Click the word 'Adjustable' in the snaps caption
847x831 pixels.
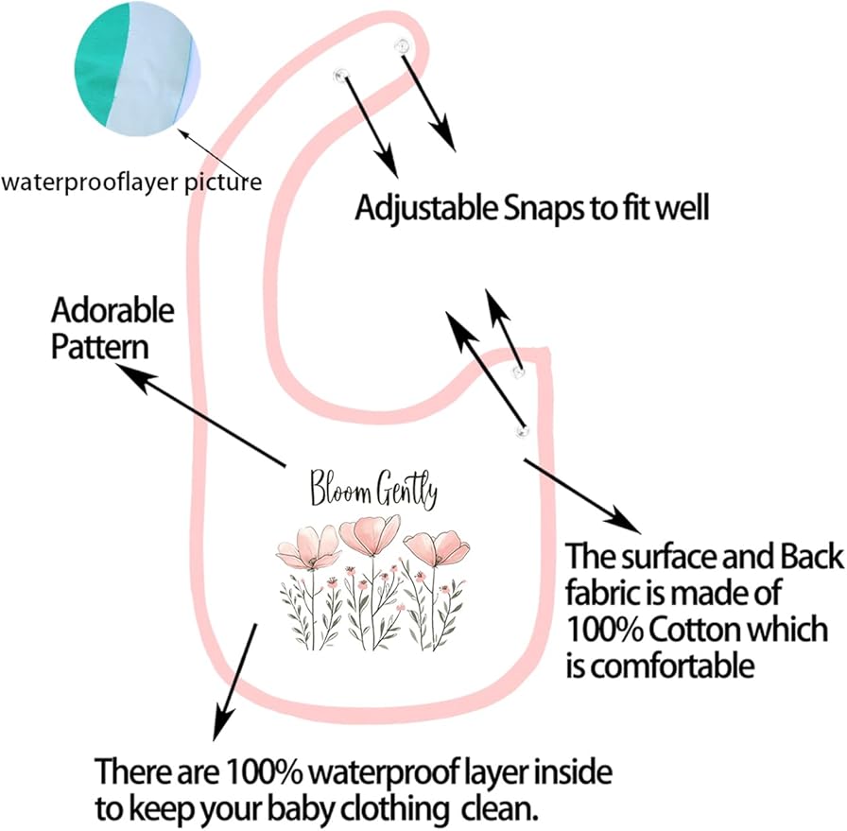425,209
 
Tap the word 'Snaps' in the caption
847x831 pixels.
543,210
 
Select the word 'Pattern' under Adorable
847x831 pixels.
100,346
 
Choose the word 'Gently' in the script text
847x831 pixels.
406,490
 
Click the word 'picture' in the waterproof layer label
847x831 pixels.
224,182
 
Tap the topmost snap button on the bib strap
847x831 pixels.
403,46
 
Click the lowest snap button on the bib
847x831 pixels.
522,431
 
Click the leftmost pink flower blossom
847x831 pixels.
309,547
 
